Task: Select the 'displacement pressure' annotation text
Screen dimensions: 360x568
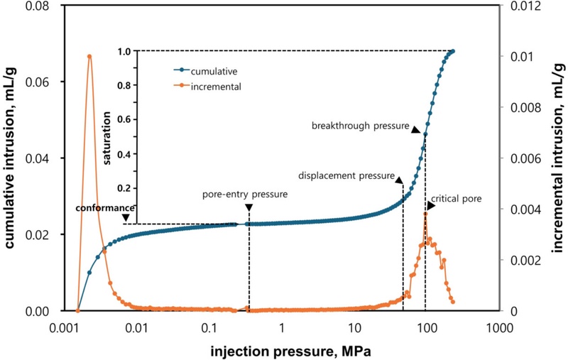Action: (x=346, y=175)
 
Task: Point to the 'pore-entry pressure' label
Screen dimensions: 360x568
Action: (x=245, y=195)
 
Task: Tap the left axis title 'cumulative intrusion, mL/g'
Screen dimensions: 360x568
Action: (x=12, y=156)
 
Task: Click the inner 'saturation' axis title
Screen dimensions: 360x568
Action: (x=108, y=138)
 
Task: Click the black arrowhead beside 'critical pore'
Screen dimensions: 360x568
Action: (x=431, y=205)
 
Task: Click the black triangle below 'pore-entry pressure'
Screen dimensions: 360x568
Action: (x=249, y=207)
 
